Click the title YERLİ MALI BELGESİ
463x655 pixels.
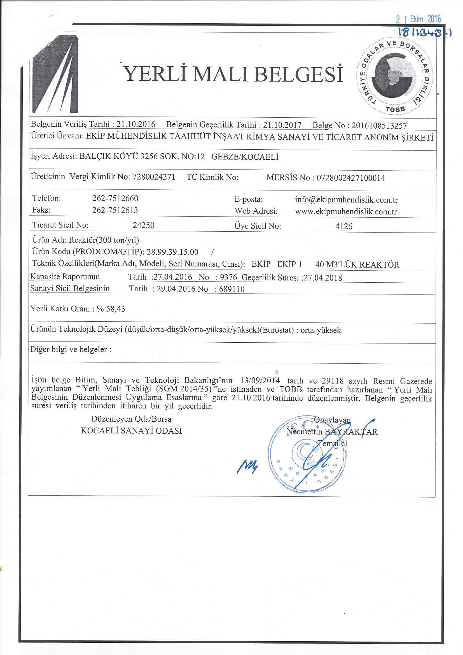(234, 74)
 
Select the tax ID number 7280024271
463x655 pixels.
(154, 177)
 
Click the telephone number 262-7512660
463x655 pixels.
(115, 198)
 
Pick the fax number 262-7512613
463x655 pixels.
(115, 210)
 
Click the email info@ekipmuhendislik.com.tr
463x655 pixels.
(346, 200)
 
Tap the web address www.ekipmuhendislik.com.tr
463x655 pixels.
(345, 212)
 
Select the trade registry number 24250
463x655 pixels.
(144, 225)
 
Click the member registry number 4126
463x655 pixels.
(344, 226)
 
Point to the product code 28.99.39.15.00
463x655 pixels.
(172, 252)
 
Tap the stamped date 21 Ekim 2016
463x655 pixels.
(418, 19)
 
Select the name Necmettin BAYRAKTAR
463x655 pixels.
(332, 432)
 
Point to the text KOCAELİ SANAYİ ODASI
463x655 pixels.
(132, 431)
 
